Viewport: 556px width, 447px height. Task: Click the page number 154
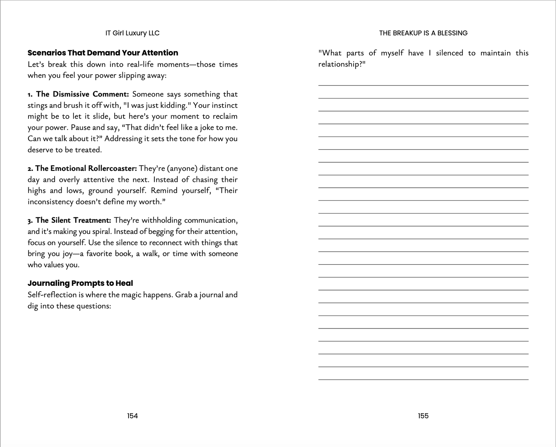(x=132, y=416)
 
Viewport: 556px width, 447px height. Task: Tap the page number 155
(x=423, y=416)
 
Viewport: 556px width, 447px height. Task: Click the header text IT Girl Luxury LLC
(x=132, y=33)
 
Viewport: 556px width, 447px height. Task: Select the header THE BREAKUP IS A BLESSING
(x=423, y=33)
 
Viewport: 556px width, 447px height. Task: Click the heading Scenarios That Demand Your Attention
(x=103, y=53)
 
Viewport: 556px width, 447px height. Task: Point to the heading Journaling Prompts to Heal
(x=80, y=283)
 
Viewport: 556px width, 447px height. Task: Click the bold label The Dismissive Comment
(x=82, y=94)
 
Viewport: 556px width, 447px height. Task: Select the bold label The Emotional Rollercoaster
(x=86, y=168)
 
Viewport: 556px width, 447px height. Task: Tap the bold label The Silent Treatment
(x=73, y=220)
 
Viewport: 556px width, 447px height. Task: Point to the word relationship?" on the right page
(x=341, y=64)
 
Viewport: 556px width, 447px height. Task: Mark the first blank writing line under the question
(x=423, y=85)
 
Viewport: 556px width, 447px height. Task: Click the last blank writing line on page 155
(x=423, y=379)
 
